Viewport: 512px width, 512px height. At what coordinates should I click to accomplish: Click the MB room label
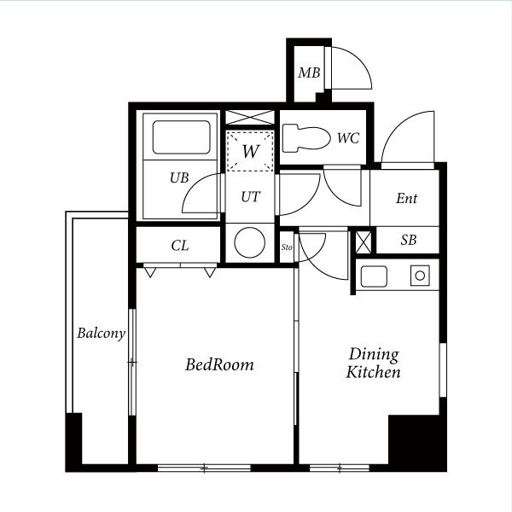pyautogui.click(x=309, y=73)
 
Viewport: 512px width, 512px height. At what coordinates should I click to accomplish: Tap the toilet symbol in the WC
pyautogui.click(x=306, y=138)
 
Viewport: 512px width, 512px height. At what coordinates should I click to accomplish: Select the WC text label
pyautogui.click(x=348, y=138)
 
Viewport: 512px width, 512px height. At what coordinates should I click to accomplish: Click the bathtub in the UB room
pyautogui.click(x=181, y=137)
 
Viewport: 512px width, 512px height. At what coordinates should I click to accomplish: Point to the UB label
pyautogui.click(x=179, y=177)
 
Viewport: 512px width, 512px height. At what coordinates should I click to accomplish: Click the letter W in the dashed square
pyautogui.click(x=250, y=151)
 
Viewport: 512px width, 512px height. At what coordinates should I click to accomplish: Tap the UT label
pyautogui.click(x=250, y=197)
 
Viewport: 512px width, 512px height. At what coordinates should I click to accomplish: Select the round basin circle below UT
pyautogui.click(x=250, y=242)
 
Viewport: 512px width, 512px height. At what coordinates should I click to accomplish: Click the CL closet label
pyautogui.click(x=179, y=246)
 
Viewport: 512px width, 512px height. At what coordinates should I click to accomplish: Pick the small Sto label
pyautogui.click(x=287, y=247)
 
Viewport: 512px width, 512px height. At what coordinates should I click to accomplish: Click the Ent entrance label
pyautogui.click(x=406, y=198)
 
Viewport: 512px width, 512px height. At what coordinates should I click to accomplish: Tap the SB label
pyautogui.click(x=409, y=240)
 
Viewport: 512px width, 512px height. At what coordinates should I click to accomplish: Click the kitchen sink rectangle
pyautogui.click(x=374, y=276)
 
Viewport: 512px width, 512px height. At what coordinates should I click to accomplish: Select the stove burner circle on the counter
pyautogui.click(x=420, y=276)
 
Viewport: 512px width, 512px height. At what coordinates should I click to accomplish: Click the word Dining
pyautogui.click(x=374, y=355)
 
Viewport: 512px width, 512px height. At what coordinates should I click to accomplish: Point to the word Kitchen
pyautogui.click(x=373, y=372)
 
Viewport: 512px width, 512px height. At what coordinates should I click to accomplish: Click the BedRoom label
pyautogui.click(x=219, y=364)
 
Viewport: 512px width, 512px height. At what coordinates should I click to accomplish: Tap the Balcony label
pyautogui.click(x=102, y=334)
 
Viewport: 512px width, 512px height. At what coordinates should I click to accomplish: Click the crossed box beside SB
pyautogui.click(x=364, y=242)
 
